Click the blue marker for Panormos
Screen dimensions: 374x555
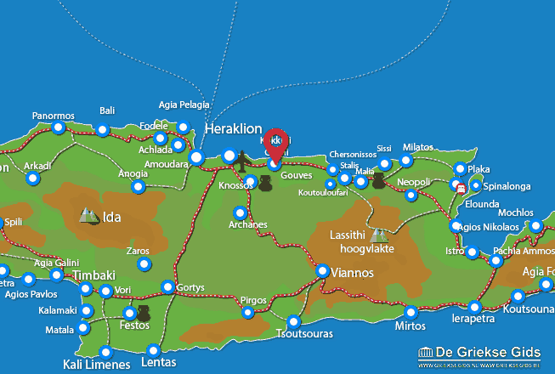[x=58, y=128]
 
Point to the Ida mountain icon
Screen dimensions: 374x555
[x=88, y=216]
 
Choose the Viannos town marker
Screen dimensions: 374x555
[x=323, y=271]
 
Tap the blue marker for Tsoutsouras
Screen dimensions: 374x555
[x=294, y=322]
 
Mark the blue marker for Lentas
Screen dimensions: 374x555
[x=153, y=350]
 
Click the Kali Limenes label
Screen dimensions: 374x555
[x=96, y=365]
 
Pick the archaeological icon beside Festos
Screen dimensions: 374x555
[x=143, y=314]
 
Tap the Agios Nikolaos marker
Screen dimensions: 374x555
[x=456, y=226]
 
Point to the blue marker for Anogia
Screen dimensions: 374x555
[x=139, y=187]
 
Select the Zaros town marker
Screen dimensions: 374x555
[x=144, y=265]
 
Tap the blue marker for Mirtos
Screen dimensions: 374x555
[x=411, y=312]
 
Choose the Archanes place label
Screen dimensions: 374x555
[x=248, y=224]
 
